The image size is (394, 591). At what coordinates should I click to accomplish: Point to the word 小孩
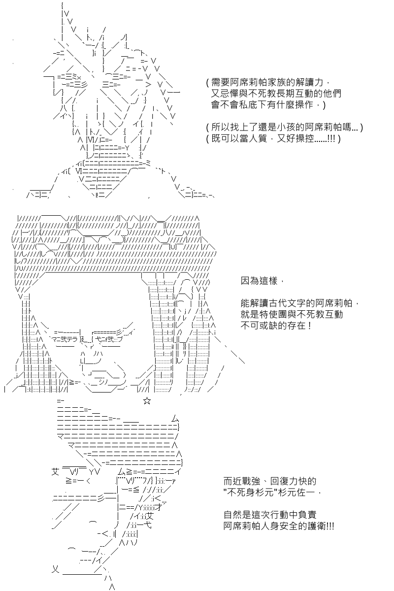(286, 128)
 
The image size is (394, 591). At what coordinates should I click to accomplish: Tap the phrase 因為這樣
(259, 281)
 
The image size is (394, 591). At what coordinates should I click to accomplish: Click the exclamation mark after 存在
(310, 326)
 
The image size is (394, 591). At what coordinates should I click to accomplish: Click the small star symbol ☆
(147, 401)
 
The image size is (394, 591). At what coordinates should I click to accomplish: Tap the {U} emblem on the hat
(172, 247)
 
